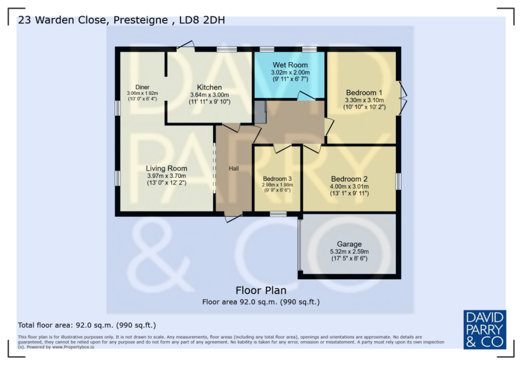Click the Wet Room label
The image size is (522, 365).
[290, 65]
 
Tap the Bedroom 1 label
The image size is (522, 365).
[364, 92]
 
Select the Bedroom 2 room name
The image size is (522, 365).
[349, 179]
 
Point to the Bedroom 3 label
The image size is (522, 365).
[277, 178]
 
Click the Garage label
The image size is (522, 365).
[349, 244]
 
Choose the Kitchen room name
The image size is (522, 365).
[210, 87]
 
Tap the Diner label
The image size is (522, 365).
[142, 87]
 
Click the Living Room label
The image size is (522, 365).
[166, 168]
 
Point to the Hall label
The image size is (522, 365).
[233, 168]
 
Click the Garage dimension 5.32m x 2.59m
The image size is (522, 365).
[349, 251]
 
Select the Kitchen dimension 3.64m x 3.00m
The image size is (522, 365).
[210, 95]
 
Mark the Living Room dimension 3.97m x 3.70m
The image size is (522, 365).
[166, 175]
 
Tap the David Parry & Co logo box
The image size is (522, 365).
[484, 329]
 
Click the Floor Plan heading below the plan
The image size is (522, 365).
[260, 291]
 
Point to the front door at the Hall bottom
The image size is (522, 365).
[233, 218]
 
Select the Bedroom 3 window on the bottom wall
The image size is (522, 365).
[278, 215]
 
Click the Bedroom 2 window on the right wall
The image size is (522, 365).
[398, 182]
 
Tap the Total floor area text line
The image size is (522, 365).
[87, 325]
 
